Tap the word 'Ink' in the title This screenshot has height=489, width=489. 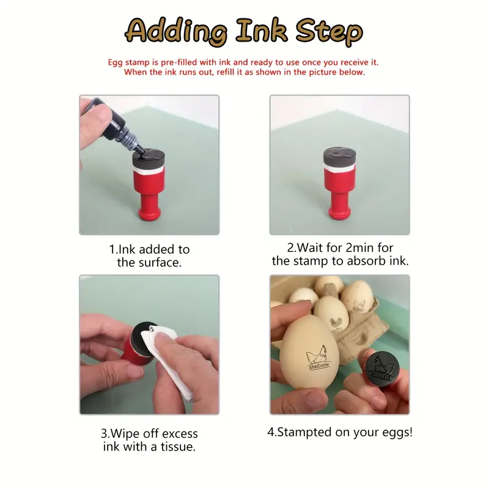click(262, 30)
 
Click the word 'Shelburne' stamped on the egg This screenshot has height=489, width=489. click(318, 366)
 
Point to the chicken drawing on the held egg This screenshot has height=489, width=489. click(317, 355)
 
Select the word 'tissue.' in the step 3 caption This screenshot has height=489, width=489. click(178, 447)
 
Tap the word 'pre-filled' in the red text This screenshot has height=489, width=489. click(179, 62)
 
